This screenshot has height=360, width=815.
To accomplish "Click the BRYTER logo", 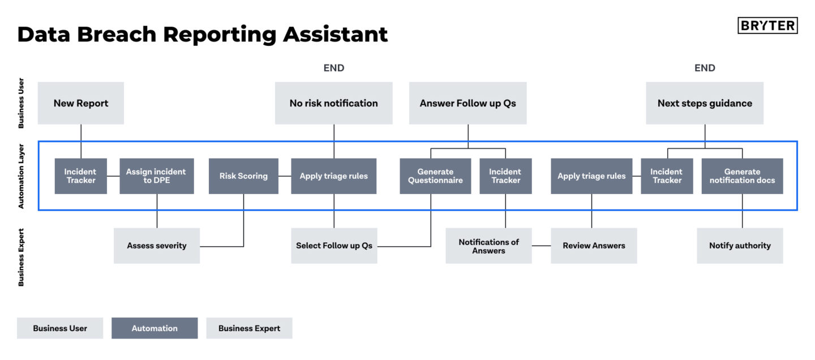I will [x=767, y=25].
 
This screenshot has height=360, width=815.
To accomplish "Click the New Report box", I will [x=81, y=103].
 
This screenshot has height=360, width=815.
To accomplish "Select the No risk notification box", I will [x=333, y=103].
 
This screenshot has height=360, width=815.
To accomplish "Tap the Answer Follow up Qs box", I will [x=467, y=103].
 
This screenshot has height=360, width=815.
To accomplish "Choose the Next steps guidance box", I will [x=705, y=103].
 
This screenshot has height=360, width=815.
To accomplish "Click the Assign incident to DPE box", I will [x=156, y=176].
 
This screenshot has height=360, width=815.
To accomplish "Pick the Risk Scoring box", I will [x=243, y=176].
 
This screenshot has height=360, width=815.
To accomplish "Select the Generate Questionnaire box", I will [x=435, y=176].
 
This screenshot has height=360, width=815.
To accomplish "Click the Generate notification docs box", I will [x=742, y=176].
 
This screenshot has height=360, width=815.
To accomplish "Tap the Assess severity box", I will [x=157, y=246].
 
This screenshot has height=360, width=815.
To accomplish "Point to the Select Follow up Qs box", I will [x=334, y=246].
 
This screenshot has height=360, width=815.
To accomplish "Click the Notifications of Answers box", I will [x=488, y=246].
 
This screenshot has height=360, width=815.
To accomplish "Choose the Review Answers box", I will [x=594, y=246].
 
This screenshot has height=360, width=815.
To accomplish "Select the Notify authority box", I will [x=740, y=246].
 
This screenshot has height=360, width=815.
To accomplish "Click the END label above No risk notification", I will [x=333, y=68].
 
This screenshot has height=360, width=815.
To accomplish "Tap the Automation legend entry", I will [x=155, y=328].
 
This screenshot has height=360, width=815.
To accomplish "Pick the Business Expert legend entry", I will [x=249, y=328].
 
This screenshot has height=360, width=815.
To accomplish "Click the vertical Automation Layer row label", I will [x=22, y=176].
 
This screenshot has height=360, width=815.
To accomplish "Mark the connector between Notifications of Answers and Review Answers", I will [x=541, y=246].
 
